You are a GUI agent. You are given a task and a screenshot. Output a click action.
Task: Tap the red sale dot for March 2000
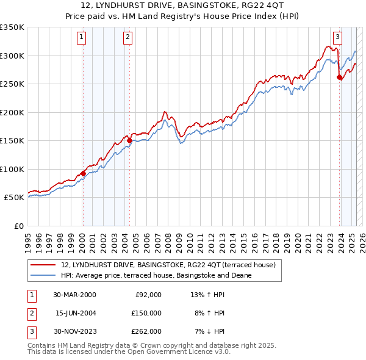coord(83,174)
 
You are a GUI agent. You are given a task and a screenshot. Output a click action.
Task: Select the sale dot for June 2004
coord(129,140)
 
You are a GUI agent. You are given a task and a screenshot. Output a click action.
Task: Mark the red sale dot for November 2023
coord(339,77)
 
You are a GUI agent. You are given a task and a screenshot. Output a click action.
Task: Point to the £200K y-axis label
coord(13,112)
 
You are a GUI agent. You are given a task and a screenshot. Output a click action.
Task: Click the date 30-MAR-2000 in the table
coord(74,295)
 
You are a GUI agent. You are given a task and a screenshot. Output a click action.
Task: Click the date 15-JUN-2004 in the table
coord(74,313)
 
